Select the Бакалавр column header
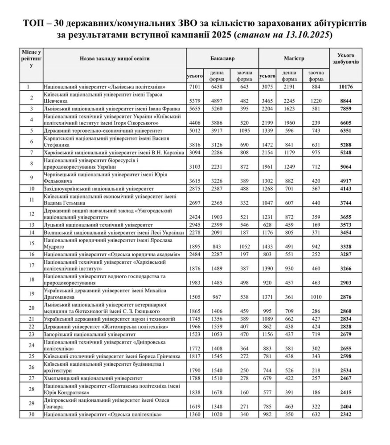[x=222, y=58]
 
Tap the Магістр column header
[x=294, y=58]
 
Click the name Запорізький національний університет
[x=89, y=333]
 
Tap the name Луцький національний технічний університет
[x=99, y=225]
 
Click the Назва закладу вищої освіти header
[x=115, y=58]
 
